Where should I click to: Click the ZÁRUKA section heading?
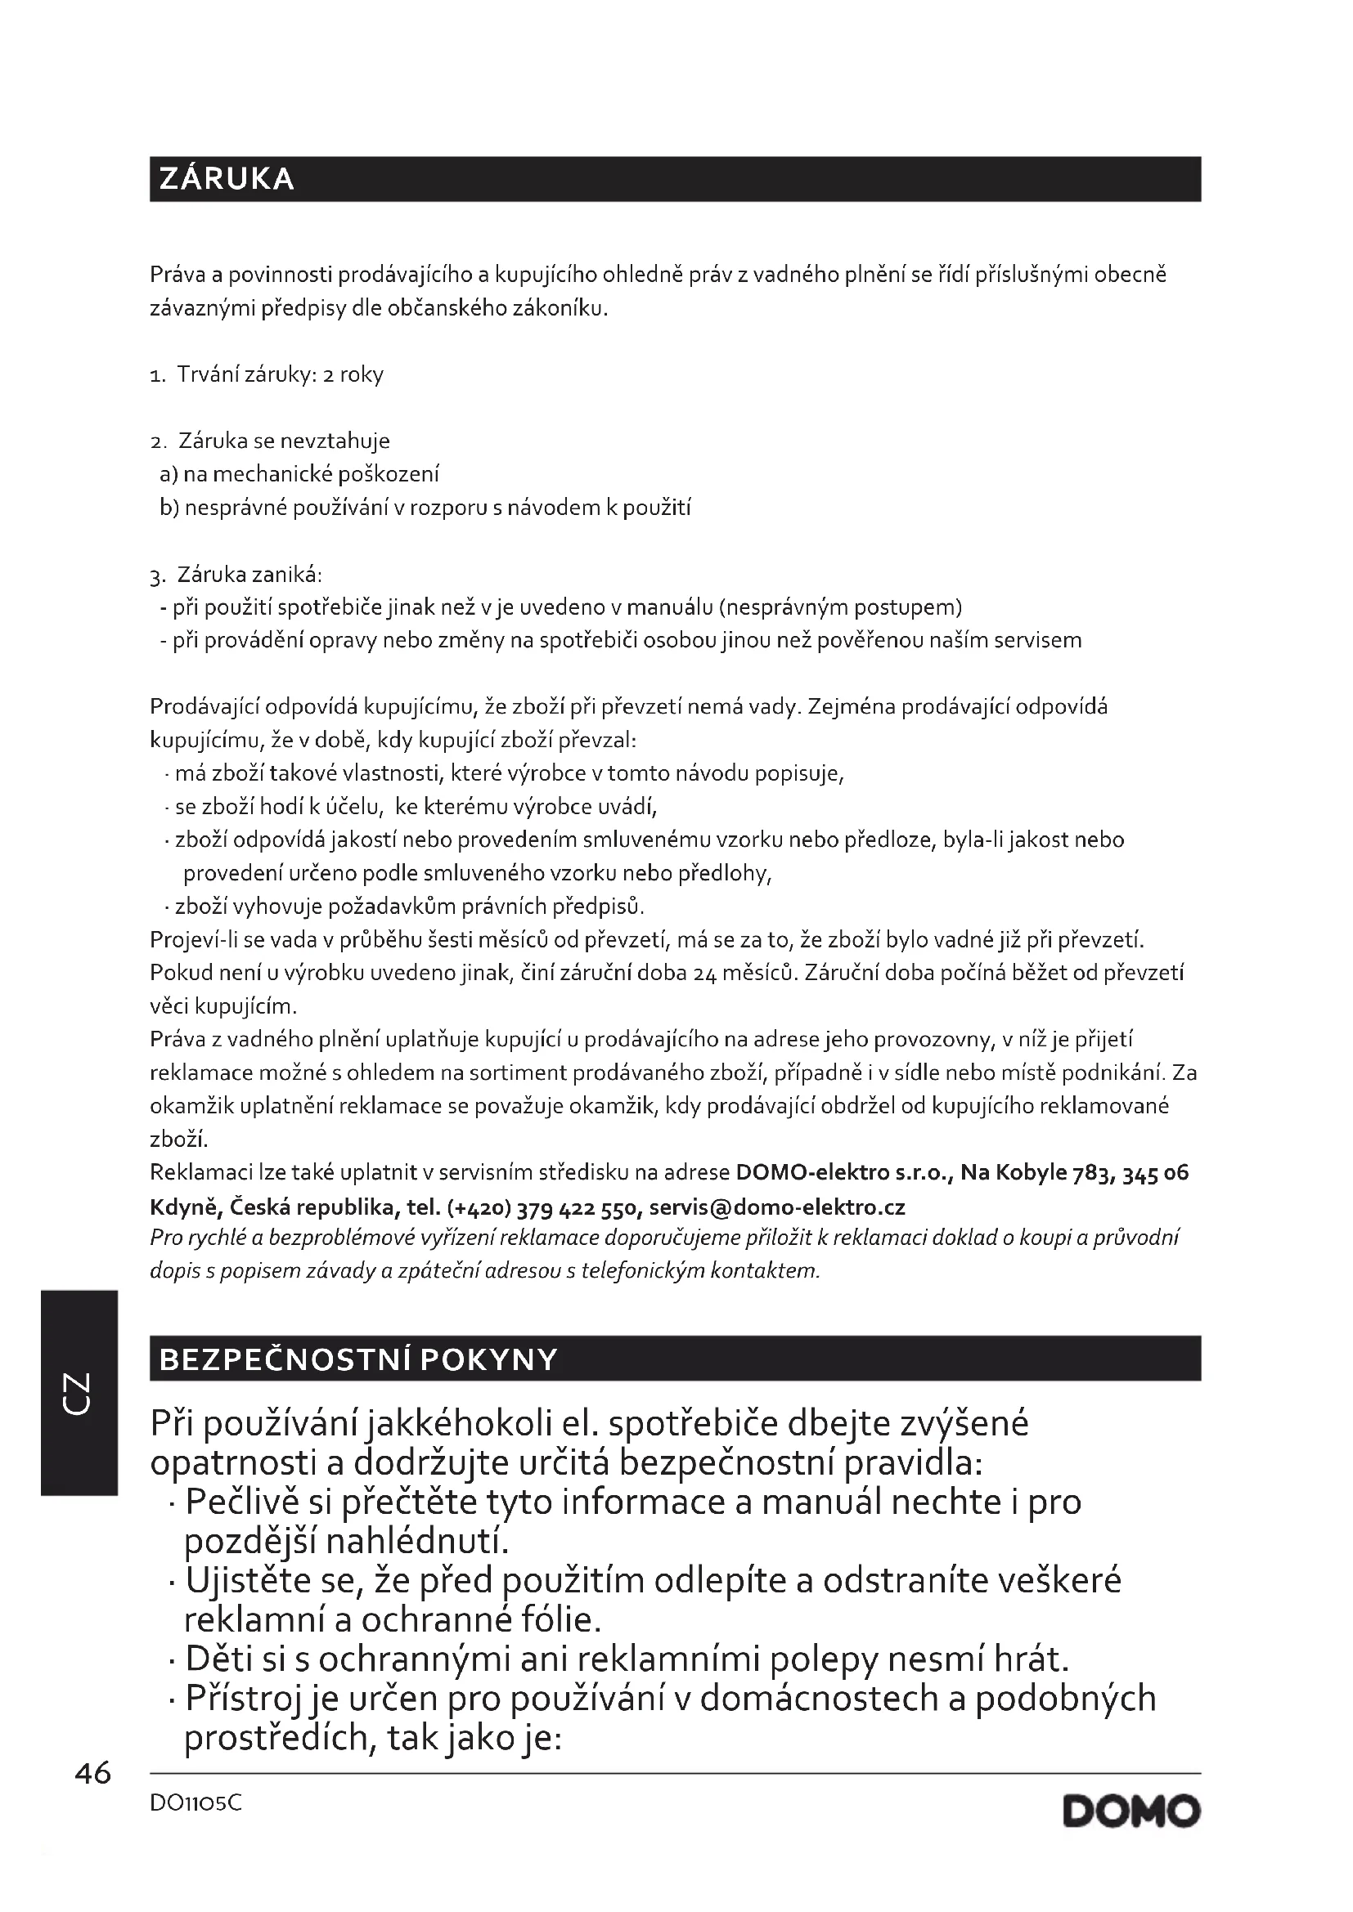pyautogui.click(x=227, y=179)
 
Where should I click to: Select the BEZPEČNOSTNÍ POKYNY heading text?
pyautogui.click(x=357, y=1360)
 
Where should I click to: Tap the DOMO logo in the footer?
pyautogui.click(x=1131, y=1812)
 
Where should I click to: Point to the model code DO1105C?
pyautogui.click(x=196, y=1804)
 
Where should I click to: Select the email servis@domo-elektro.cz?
pyautogui.click(x=776, y=1207)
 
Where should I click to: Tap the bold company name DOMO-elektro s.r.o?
pyautogui.click(x=843, y=1172)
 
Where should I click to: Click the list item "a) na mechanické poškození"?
pyautogui.click(x=299, y=474)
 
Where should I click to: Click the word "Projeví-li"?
pyautogui.click(x=195, y=939)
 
